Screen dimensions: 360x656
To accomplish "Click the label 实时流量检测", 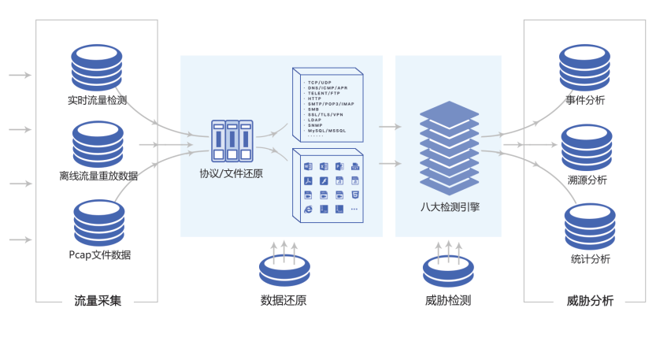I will [97, 100].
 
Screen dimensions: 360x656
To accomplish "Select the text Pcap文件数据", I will [99, 254].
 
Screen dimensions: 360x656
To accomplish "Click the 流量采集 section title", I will [98, 300].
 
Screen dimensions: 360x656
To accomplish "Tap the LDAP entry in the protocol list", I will [314, 120].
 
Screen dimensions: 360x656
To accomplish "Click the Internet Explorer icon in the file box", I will [309, 209].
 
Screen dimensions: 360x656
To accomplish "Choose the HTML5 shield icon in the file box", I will [355, 195].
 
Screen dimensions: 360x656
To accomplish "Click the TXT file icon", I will [355, 167].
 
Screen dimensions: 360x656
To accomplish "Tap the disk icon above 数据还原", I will [284, 270].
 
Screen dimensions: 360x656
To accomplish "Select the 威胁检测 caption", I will [447, 300].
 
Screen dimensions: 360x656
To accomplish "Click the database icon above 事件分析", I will [585, 69].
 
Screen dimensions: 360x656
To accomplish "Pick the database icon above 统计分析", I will [590, 227].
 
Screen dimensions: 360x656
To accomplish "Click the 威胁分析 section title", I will [590, 300].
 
